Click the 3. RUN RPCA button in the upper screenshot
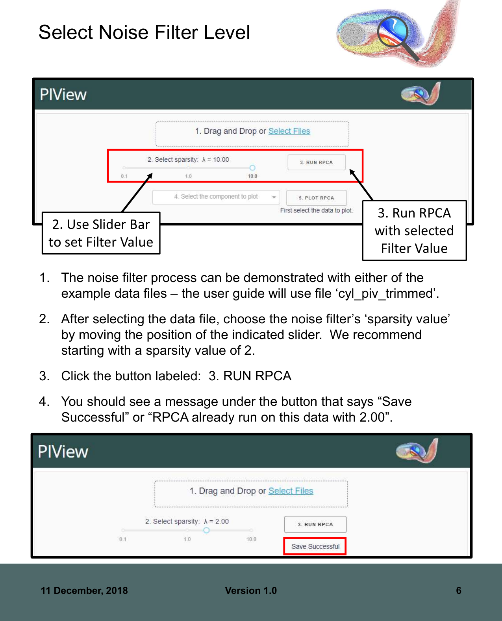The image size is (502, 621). point(317,162)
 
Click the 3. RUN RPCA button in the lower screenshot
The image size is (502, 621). point(315,524)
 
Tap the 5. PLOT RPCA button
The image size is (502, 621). point(317,198)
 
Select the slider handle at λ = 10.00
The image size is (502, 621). point(252,168)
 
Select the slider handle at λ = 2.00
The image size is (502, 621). point(206,530)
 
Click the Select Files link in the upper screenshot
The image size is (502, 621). point(289,131)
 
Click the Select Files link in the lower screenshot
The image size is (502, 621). point(291,491)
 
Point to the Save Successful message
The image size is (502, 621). point(315,546)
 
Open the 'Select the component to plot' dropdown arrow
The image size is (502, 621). point(274,197)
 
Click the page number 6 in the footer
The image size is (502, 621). point(458,590)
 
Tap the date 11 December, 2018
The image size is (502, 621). point(84,590)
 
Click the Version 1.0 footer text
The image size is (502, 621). point(251,590)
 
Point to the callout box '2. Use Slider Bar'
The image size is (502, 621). point(101,233)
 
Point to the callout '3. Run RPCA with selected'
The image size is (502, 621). point(414,230)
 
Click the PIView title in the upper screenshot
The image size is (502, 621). point(63,94)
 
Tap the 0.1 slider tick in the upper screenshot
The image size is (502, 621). point(124,176)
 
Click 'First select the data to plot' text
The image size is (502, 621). point(316,210)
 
